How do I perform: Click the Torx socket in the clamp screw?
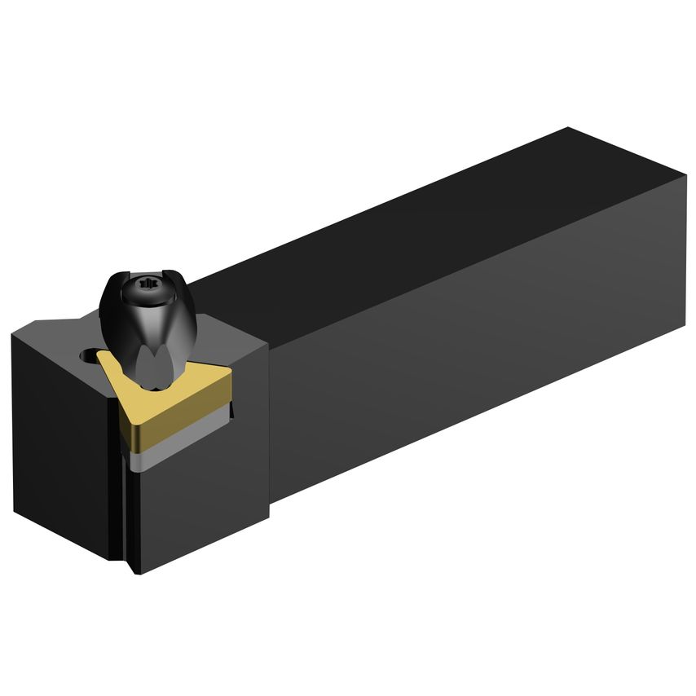coord(148,284)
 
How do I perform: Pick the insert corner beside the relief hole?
coord(102,355)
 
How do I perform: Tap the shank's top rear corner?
coord(569,128)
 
